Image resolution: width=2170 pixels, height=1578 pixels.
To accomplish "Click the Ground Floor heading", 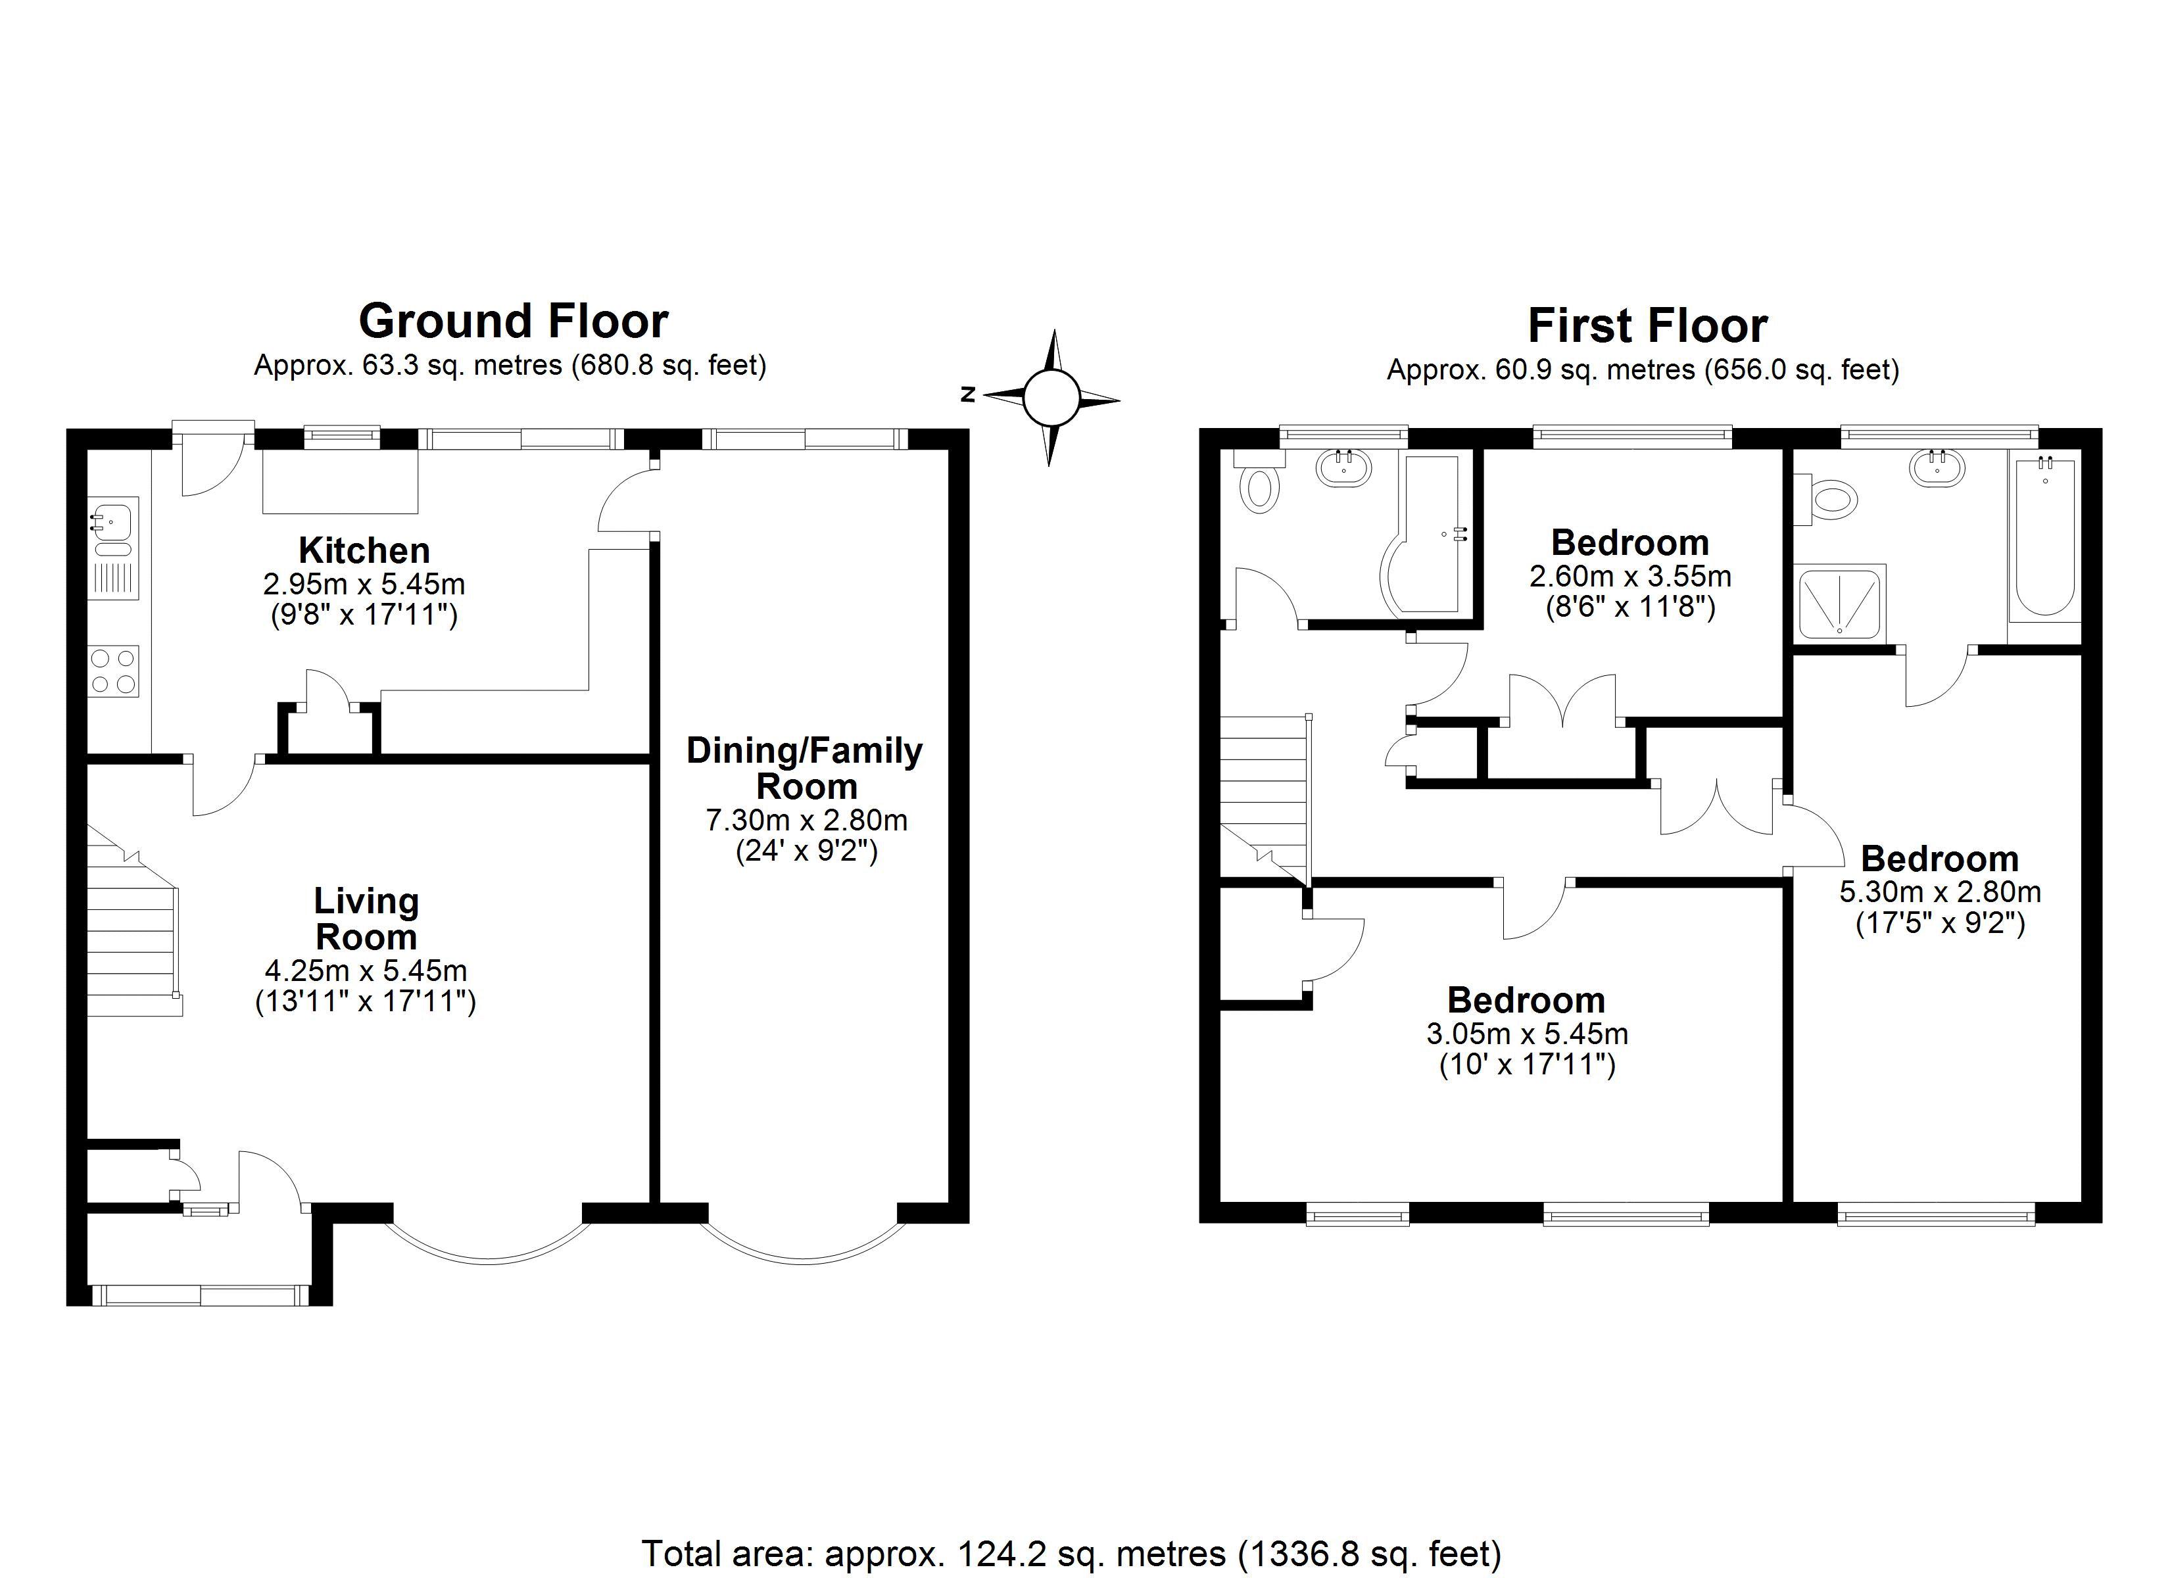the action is pos(513,322).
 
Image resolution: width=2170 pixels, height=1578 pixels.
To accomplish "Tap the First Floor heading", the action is pos(1647,325).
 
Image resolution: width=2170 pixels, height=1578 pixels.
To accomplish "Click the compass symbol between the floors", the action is pos(1051,397).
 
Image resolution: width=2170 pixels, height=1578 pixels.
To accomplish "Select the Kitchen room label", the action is pos(364,550).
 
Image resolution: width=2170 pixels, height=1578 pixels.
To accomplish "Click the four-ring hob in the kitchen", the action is pos(113,670).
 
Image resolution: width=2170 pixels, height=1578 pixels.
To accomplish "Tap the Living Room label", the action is pos(366,919).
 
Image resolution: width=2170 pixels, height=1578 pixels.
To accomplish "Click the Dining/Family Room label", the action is pos(805,769).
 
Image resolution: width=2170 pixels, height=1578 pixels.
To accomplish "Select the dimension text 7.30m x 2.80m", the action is pos(807,820).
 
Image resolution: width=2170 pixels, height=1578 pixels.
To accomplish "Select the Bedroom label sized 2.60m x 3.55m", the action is pos(1630,542).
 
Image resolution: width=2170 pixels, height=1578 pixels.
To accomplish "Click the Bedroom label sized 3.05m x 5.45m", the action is pos(1526,1000).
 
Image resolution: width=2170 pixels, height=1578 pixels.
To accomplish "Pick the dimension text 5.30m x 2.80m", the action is pos(1941,892).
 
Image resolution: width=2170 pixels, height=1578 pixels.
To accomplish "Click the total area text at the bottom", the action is pos(1072,1553).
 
